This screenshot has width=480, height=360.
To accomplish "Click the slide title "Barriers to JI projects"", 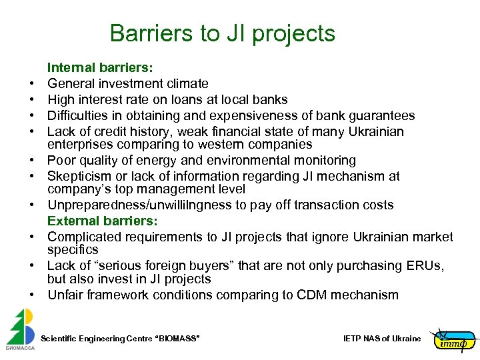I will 222,33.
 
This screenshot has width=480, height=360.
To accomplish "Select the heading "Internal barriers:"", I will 99,67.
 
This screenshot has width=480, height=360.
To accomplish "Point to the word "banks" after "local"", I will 271,100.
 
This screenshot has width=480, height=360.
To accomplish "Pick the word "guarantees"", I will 382,116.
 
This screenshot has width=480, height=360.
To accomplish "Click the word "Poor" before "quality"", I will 61,161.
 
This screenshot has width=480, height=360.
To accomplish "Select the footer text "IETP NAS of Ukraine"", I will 382,339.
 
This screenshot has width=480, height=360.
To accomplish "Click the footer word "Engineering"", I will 101,339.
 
